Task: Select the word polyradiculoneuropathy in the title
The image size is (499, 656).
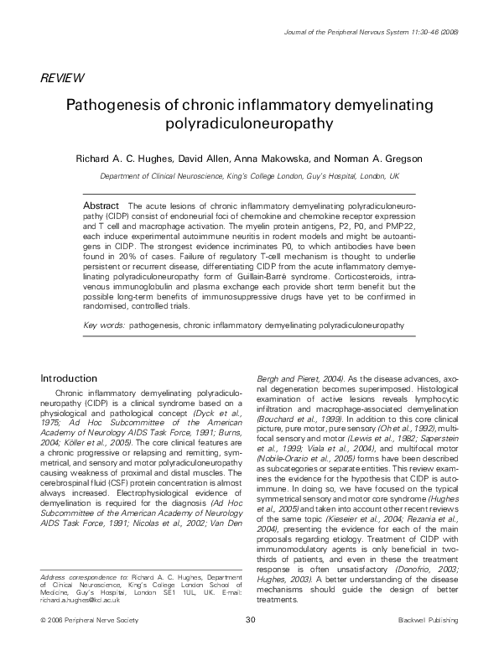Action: (249, 126)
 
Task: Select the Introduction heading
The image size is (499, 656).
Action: (70, 377)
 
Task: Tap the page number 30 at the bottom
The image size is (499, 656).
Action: (250, 643)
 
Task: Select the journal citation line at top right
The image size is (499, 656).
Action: (387, 32)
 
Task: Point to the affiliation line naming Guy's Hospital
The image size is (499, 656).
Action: (250, 177)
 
